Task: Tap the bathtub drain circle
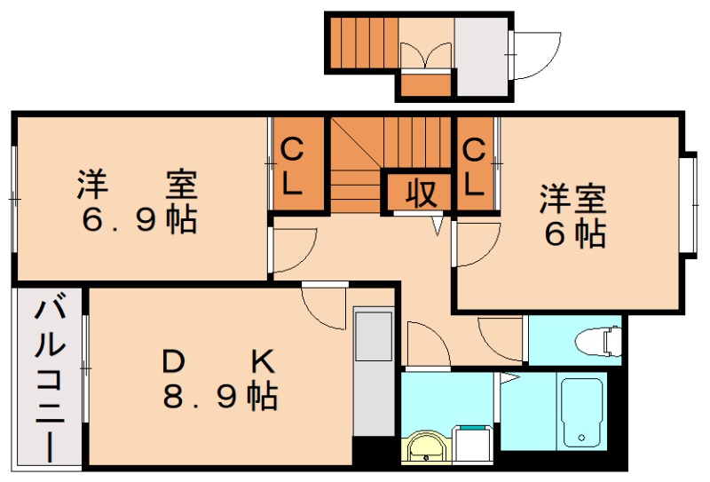(581, 438)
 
